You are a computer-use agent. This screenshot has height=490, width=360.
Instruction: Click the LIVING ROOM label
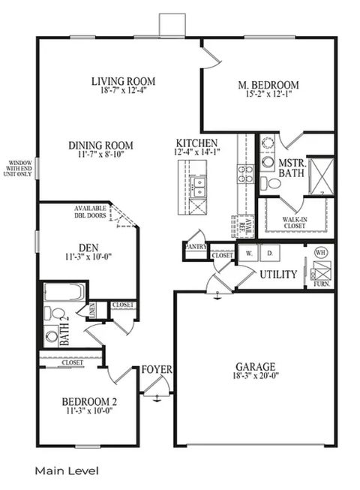coord(123,81)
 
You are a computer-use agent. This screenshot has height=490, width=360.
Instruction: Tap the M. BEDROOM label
coord(269,85)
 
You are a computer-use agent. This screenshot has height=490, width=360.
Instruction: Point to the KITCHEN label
coord(197,143)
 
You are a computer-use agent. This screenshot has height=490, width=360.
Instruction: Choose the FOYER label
coord(157,370)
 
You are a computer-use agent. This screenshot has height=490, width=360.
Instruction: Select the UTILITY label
coord(278,275)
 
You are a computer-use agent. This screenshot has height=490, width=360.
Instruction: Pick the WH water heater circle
coord(320,252)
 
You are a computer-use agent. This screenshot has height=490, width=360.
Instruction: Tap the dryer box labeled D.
coord(269,254)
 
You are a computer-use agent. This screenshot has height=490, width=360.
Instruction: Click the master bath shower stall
coord(321,176)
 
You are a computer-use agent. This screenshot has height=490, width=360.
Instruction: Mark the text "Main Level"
coord(66,470)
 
